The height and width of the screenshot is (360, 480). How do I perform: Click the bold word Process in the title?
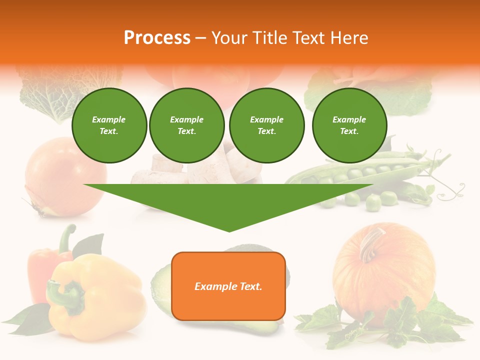coord(157,37)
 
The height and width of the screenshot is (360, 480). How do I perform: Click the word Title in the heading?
coord(269,37)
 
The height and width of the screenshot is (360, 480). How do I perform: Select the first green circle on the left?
coord(109,125)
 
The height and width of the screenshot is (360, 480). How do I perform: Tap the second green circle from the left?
coord(187,125)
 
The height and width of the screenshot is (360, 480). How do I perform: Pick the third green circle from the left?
coord(267,125)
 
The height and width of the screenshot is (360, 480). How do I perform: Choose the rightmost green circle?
coord(349,125)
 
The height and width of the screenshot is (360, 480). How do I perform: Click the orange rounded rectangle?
coord(228,286)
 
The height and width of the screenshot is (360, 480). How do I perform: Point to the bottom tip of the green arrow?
coord(229,230)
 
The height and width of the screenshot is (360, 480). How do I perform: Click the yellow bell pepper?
coord(100,300)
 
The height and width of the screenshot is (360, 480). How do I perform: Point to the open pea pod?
coord(360,172)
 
